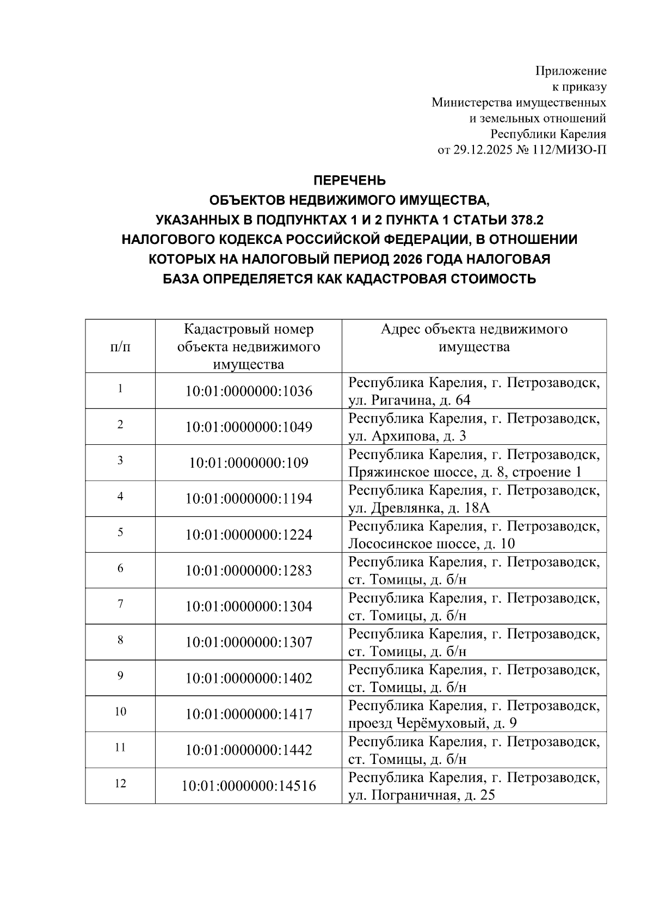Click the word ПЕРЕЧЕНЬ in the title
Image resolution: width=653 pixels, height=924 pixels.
(349, 180)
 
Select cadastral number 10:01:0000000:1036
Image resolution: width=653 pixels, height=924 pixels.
(249, 391)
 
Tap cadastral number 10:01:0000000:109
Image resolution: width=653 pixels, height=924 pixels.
(249, 463)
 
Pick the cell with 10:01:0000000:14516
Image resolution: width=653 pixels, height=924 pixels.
(249, 786)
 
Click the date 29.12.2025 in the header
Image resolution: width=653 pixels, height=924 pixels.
(483, 150)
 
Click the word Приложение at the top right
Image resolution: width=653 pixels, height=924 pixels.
(571, 71)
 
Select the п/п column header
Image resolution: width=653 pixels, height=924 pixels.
(120, 346)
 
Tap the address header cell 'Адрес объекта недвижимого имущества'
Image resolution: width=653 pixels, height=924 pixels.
(473, 338)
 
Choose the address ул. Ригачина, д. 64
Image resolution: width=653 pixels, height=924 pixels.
(409, 401)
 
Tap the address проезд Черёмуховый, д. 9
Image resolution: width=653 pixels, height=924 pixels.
(433, 724)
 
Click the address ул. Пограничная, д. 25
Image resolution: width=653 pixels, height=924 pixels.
(422, 796)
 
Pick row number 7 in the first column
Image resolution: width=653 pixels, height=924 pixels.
(120, 604)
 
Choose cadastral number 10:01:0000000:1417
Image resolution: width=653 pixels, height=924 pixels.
(249, 714)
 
